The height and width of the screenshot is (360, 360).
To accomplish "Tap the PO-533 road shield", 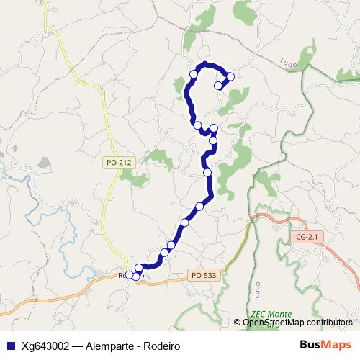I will (204, 274).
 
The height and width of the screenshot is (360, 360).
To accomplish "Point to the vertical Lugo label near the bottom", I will (257, 289).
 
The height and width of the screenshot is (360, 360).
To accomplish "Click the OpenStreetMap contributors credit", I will (297, 323).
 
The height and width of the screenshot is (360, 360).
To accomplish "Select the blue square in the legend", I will (10, 346).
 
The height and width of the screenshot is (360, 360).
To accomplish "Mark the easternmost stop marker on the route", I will (230, 76).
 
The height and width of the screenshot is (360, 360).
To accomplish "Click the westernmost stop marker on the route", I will (129, 274).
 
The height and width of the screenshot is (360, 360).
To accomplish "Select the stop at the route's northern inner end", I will (218, 86).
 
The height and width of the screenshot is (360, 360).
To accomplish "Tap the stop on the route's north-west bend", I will (194, 73).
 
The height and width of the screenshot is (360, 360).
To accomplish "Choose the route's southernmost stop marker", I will (136, 276).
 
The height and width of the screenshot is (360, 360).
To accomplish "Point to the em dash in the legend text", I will (79, 346).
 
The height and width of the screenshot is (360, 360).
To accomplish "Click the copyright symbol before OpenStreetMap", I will (238, 323).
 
